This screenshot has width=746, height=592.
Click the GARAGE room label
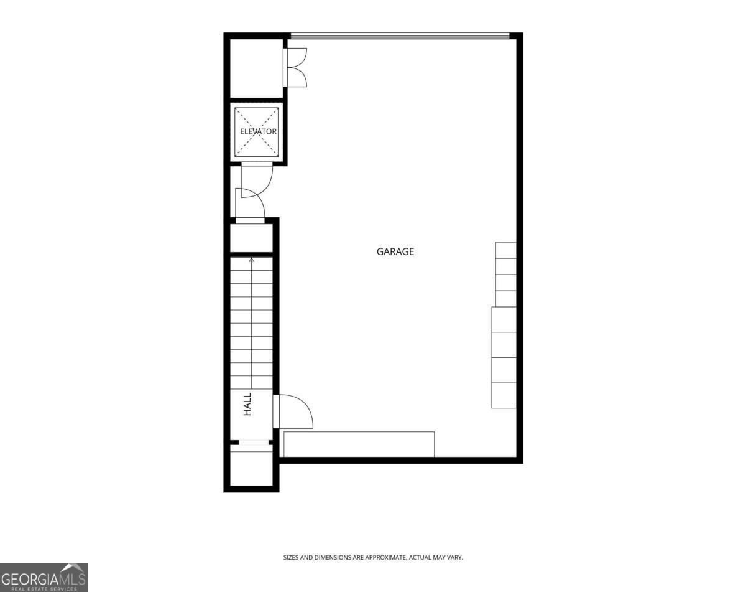(x=395, y=251)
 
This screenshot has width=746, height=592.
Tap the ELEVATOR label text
(x=258, y=131)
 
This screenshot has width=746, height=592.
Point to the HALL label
(x=247, y=404)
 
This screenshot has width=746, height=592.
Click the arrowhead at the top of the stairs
(x=252, y=260)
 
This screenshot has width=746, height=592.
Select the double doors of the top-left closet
(x=295, y=67)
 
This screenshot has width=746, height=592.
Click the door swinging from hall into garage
(x=293, y=411)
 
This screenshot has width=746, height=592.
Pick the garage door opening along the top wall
(x=400, y=35)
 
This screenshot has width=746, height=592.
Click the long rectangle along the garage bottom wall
(x=359, y=444)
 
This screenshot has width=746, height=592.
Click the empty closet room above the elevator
(x=257, y=68)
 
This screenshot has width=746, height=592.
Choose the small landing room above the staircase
(x=251, y=238)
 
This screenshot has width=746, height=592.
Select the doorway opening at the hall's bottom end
(x=254, y=443)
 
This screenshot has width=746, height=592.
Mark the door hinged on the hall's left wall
(x=250, y=203)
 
